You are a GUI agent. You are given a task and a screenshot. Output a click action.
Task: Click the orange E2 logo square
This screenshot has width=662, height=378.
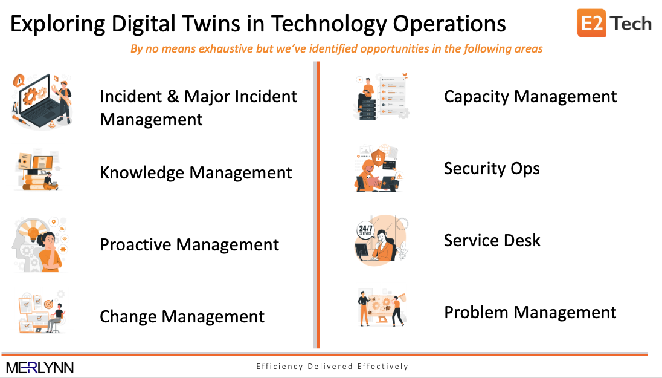click(x=591, y=23)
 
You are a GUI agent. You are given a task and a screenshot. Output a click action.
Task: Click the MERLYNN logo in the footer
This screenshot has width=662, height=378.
click(x=40, y=368)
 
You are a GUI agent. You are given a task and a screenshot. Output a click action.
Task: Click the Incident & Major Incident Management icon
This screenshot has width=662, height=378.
click(x=42, y=102)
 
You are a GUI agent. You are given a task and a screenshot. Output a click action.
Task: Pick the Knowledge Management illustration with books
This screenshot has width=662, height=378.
click(x=38, y=170)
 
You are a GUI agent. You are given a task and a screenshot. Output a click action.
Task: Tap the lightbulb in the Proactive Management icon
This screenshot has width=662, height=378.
click(x=33, y=231)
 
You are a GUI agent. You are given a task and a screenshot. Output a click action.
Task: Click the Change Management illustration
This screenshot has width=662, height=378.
click(x=41, y=313)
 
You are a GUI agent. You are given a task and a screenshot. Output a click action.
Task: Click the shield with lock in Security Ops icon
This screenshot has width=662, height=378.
click(x=378, y=158)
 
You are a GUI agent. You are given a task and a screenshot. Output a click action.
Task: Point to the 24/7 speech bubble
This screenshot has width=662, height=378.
click(x=365, y=230)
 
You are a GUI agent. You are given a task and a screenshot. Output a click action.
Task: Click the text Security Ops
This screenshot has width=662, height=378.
click(x=492, y=169)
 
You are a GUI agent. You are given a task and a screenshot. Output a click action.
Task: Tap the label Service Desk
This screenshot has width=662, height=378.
click(x=492, y=241)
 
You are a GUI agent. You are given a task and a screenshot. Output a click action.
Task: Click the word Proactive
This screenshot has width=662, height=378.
click(x=135, y=245)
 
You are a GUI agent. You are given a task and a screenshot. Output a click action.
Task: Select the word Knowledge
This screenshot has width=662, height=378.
click(x=143, y=173)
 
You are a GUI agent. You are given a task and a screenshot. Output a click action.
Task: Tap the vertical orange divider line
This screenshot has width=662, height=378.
click(x=318, y=205)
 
